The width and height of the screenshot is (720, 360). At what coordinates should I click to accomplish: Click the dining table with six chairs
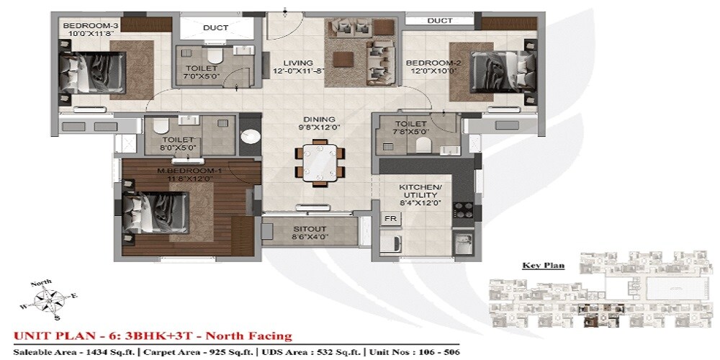318,164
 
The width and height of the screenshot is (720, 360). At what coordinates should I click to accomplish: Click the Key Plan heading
543,266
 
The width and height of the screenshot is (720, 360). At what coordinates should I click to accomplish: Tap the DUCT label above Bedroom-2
440,21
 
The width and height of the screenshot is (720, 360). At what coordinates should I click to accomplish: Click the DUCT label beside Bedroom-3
215,28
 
